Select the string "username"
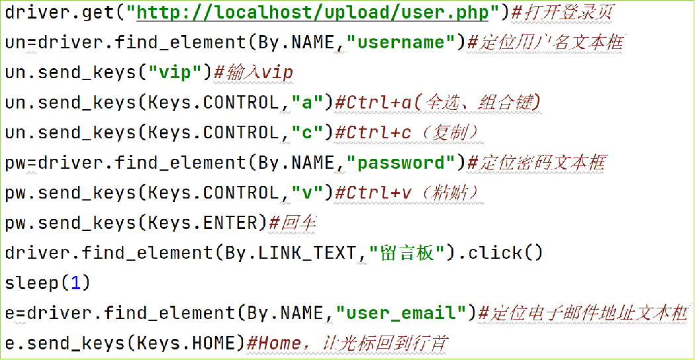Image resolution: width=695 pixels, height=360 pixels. tap(406, 42)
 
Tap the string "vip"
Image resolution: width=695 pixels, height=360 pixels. tap(175, 72)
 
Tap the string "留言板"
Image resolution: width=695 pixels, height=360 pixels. tap(406, 253)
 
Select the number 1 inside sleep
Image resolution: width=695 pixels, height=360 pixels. tap(75, 283)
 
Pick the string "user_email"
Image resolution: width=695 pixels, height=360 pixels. tap(406, 313)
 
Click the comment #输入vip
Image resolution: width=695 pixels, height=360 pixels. tap(253, 72)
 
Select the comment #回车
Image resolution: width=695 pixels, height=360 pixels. tap(292, 223)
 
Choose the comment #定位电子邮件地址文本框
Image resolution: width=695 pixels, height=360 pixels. tap(582, 313)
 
